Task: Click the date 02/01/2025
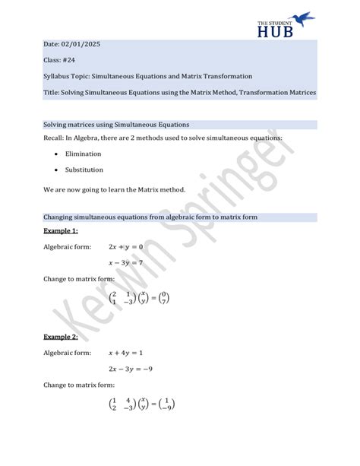click(x=82, y=45)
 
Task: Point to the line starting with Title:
click(x=169, y=93)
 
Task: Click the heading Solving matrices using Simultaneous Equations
click(x=116, y=124)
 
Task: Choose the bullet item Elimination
click(x=84, y=154)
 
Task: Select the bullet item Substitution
click(x=84, y=170)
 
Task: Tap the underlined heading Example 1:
click(x=61, y=230)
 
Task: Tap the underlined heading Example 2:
click(x=61, y=336)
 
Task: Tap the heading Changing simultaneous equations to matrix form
click(x=150, y=217)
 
